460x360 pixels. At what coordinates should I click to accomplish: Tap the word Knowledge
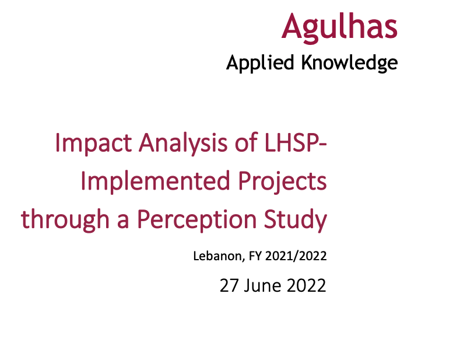pos(349,62)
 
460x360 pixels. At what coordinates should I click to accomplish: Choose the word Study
pos(295,220)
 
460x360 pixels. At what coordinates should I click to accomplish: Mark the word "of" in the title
pos(239,144)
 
